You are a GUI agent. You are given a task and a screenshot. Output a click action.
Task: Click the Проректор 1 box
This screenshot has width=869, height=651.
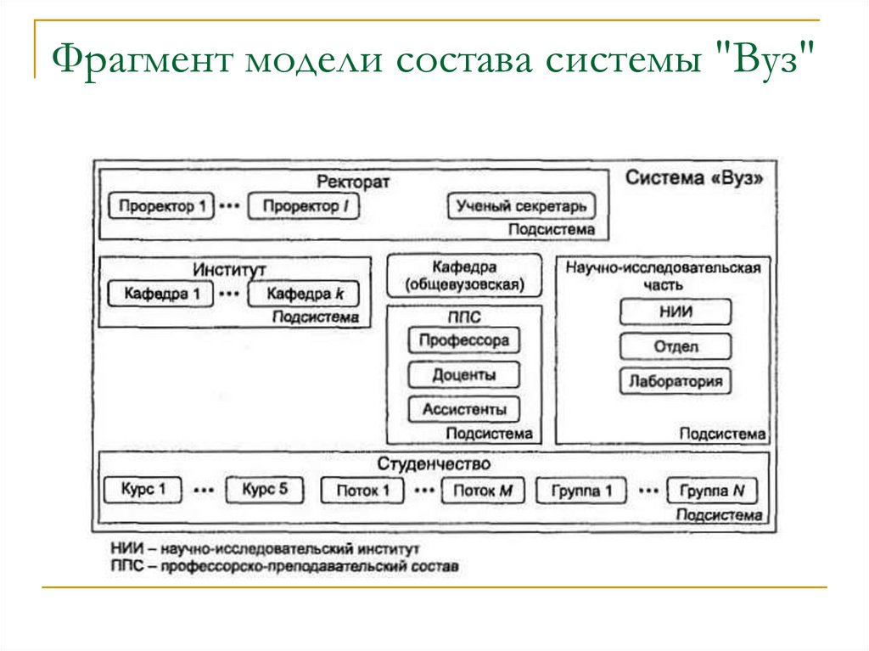[x=161, y=206]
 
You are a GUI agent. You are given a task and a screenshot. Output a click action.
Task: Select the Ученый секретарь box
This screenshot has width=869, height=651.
[x=521, y=206]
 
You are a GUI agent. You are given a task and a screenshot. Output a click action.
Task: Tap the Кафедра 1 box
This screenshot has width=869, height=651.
[x=161, y=295]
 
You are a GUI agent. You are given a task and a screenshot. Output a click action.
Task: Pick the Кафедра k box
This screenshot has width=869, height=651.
[x=304, y=295]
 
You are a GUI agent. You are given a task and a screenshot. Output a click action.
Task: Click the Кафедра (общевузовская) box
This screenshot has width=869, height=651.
[x=464, y=276]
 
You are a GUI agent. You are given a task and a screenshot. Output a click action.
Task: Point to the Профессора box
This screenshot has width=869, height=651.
[x=463, y=341]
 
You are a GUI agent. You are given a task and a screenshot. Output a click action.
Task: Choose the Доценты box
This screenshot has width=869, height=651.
[x=463, y=375]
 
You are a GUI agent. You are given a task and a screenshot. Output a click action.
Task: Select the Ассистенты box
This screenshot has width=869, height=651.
[x=463, y=410]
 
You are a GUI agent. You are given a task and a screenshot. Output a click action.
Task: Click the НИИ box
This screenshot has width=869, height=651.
[x=675, y=312]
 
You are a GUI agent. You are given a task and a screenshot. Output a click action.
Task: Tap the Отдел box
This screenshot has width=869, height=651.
[x=675, y=346]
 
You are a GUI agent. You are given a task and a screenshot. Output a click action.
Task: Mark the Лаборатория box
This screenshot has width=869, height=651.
[x=675, y=381]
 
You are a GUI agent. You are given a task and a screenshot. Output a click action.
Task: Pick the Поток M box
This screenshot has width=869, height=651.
[x=483, y=491]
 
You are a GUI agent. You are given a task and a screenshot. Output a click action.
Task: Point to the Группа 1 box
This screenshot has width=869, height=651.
[x=580, y=491]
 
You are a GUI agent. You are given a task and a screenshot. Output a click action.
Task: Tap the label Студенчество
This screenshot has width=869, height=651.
[x=434, y=464]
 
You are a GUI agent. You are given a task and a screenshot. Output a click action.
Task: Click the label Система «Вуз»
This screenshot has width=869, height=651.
[x=693, y=179]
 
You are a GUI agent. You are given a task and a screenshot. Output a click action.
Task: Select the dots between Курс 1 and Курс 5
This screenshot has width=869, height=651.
[x=202, y=490]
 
